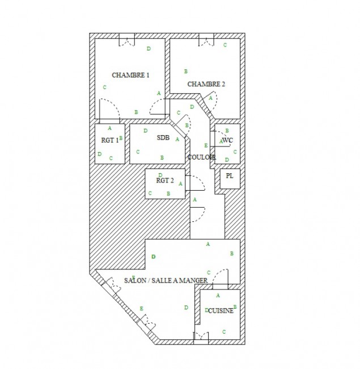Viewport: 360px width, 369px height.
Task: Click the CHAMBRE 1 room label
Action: [x=130, y=75]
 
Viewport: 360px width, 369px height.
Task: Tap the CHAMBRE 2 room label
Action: [x=206, y=84]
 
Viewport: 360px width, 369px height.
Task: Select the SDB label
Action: [x=163, y=137]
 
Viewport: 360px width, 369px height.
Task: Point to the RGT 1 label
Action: [x=110, y=140]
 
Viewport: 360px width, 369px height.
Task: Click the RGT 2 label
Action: [x=165, y=181]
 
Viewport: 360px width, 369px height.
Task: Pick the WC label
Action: [x=227, y=140]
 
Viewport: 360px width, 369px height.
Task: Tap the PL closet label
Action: [x=230, y=176]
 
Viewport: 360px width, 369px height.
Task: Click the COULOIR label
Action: [x=201, y=157]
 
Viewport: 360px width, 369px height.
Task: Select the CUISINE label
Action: [x=221, y=311]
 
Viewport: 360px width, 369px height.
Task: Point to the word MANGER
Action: [x=194, y=280]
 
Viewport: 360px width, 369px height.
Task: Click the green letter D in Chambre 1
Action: [x=149, y=49]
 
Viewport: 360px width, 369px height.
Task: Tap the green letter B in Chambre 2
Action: [x=185, y=72]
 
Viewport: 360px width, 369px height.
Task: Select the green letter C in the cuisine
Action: [x=224, y=332]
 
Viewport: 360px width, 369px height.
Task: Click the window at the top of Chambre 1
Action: [x=127, y=40]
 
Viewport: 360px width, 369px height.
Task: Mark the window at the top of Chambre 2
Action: [x=206, y=40]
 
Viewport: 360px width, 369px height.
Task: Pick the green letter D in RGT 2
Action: [x=160, y=175]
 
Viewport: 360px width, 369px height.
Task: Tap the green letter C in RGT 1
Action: [x=111, y=158]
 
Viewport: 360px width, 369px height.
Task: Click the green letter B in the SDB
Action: [x=162, y=158]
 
